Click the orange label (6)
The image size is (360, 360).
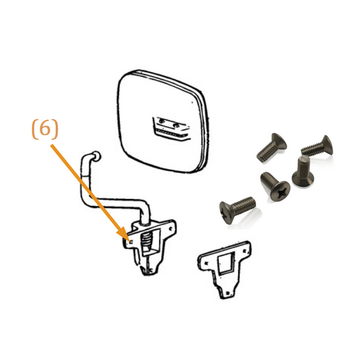click(45, 129)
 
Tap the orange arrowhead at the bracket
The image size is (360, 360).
click(122, 233)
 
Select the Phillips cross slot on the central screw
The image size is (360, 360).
click(281, 193)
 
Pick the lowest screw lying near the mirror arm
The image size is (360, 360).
click(237, 209)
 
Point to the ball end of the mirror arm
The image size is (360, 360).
click(96, 155)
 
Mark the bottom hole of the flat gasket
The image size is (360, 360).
click(227, 293)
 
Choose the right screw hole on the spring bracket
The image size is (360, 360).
click(170, 229)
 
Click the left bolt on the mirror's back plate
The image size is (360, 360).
click(161, 121)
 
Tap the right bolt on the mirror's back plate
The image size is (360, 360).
click(176, 125)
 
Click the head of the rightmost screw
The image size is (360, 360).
click(328, 145)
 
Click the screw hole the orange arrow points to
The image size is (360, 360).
click(130, 242)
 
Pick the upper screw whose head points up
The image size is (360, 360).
click(272, 148)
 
